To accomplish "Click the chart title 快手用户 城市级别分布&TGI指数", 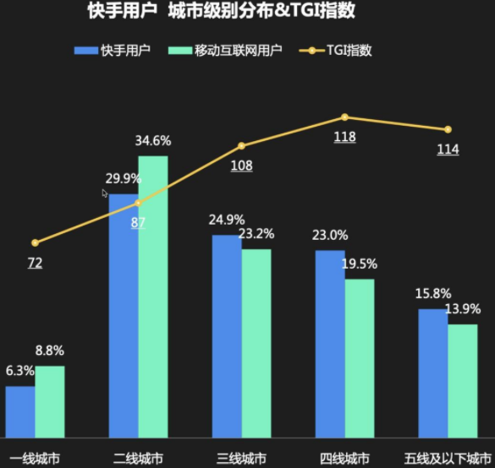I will coord(221,12).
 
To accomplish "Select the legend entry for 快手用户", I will coord(113,51).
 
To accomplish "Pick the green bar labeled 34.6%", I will coord(153,296).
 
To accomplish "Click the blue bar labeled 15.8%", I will coord(432,373).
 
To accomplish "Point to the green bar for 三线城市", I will coord(256,342).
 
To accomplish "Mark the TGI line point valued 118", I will coord(345,117).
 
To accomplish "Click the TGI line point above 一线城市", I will coord(35,243).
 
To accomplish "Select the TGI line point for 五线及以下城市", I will coord(448,129).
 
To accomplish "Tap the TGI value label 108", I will coord(241,166).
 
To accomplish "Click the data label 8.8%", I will coord(49,351).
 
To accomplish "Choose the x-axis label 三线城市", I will coord(241,459).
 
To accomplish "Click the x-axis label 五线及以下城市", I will coord(448,459).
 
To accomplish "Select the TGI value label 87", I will coord(138,223).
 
